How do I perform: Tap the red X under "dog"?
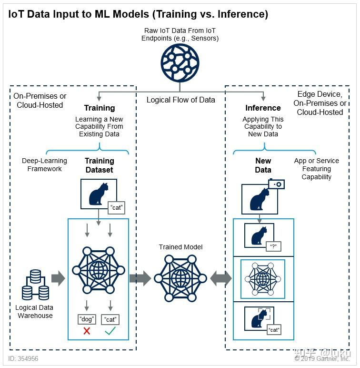[87, 331]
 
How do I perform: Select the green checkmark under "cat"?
[110, 331]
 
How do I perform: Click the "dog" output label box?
[87, 319]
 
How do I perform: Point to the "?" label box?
[273, 246]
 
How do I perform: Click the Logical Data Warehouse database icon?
[35, 285]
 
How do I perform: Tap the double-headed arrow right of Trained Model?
[220, 278]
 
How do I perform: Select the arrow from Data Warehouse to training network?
[58, 278]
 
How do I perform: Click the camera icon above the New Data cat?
[276, 184]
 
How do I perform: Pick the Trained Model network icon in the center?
[180, 277]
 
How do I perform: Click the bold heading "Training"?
[100, 108]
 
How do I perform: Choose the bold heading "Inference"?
[263, 108]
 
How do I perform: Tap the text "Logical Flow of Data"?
[180, 100]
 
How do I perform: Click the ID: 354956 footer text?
[23, 358]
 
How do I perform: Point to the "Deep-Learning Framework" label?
[44, 165]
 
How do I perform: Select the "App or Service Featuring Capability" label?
[316, 169]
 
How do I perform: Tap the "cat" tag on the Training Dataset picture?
[116, 207]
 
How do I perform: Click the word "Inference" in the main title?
[243, 14]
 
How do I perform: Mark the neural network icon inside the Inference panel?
[263, 278]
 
